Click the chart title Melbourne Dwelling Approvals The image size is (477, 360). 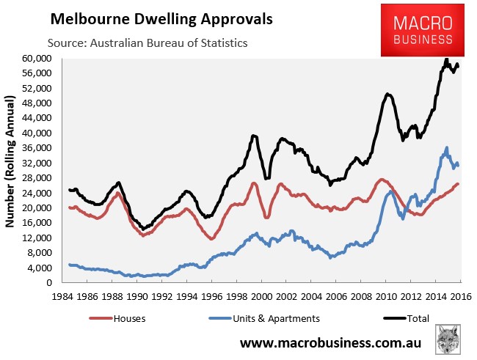coord(161,19)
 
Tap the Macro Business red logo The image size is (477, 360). coord(423,30)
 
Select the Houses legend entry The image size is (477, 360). coord(117,318)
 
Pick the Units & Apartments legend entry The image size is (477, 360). coord(264,318)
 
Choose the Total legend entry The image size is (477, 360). coord(406,318)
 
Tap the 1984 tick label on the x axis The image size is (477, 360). coord(62,296)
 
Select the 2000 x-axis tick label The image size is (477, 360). coord(262,296)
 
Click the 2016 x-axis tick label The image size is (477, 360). coord(461,296)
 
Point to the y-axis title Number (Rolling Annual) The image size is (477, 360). coord(10,161)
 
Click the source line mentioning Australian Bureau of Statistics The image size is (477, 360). coord(148,43)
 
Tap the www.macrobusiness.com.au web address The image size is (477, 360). coord(331,343)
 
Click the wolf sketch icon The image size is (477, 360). coord(448,339)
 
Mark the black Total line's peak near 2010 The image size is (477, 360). coord(387,95)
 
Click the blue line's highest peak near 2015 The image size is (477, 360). coord(447,148)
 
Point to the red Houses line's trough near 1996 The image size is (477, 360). coord(212,239)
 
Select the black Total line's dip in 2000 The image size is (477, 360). coord(267,178)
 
